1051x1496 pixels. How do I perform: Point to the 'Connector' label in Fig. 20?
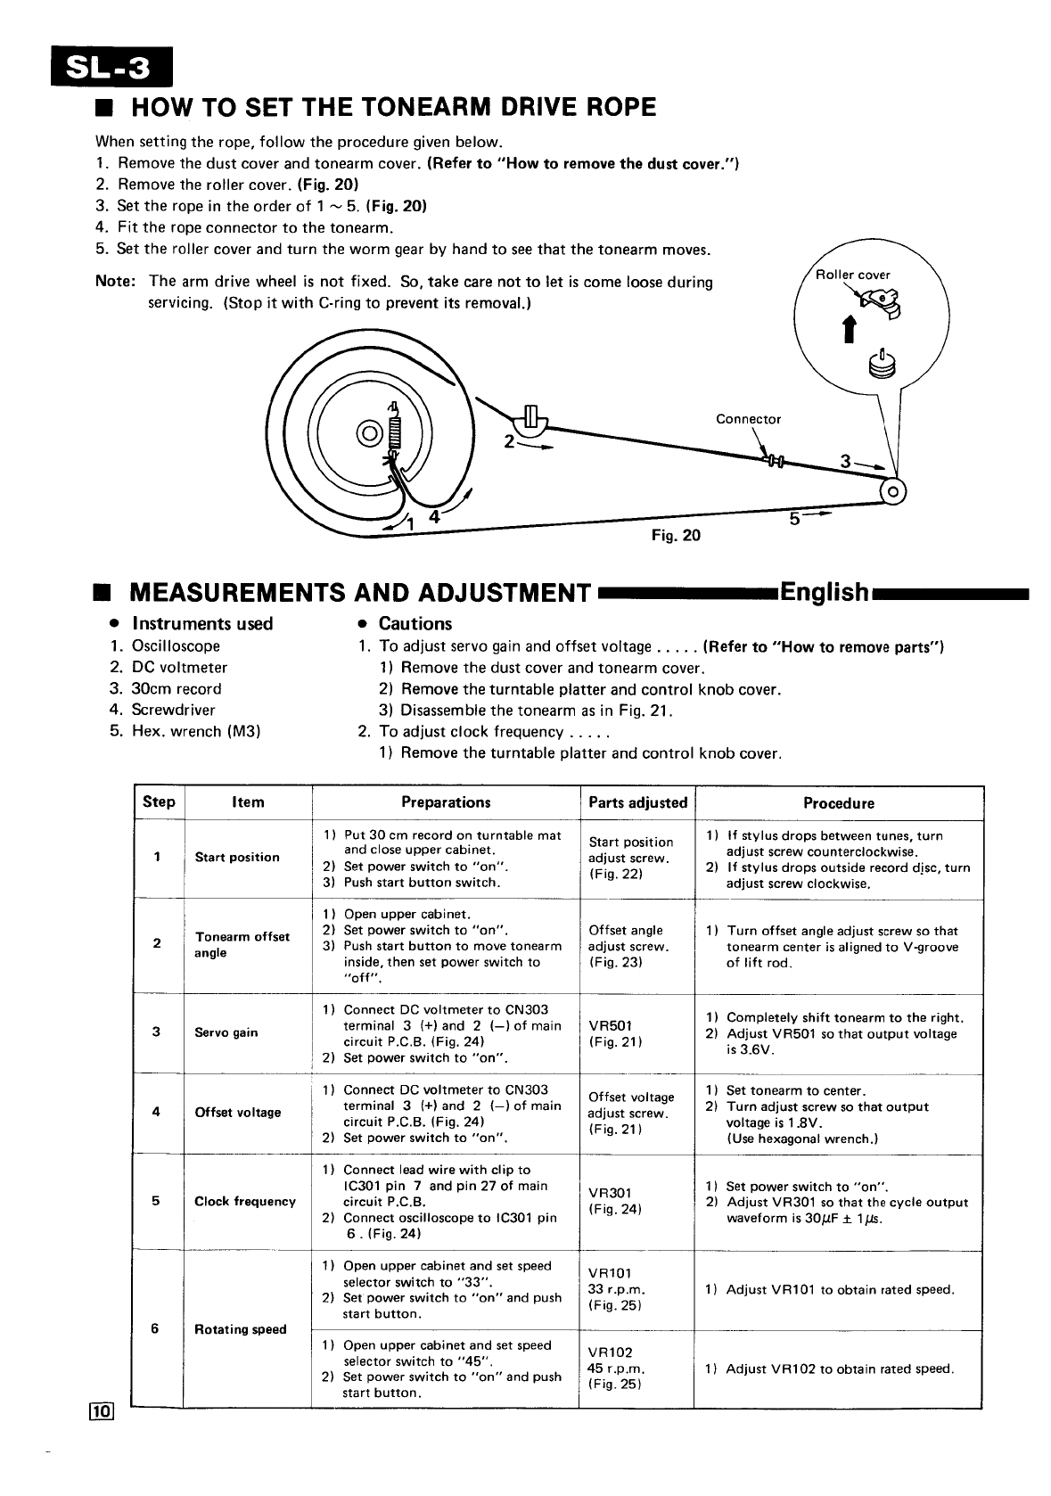[x=748, y=419]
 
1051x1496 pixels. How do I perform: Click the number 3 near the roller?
[x=845, y=462]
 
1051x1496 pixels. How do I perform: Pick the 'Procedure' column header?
[x=838, y=802]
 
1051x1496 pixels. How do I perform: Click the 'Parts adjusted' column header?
[x=637, y=802]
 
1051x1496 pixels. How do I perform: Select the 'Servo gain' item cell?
[x=226, y=1032]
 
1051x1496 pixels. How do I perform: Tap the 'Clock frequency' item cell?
[x=245, y=1201]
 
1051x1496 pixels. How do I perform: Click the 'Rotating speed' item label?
[x=241, y=1329]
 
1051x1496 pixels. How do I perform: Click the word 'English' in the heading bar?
[x=824, y=593]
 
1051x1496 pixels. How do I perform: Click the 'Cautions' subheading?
[x=415, y=624]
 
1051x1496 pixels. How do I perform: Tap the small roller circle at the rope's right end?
[x=894, y=491]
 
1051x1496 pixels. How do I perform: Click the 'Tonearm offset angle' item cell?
[x=242, y=945]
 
